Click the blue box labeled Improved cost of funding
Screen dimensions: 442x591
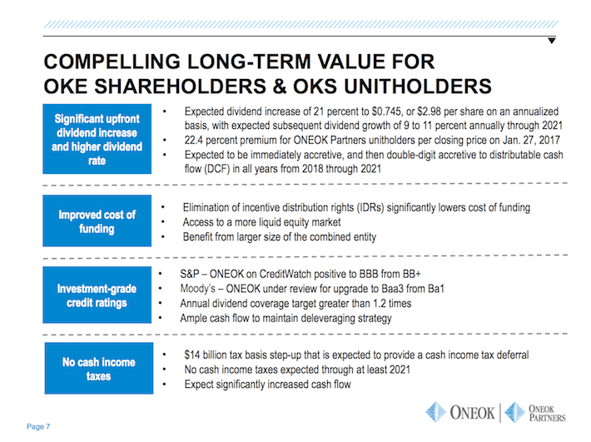[97, 222]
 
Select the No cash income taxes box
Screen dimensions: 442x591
[97, 369]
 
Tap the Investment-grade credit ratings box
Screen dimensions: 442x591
[97, 295]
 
